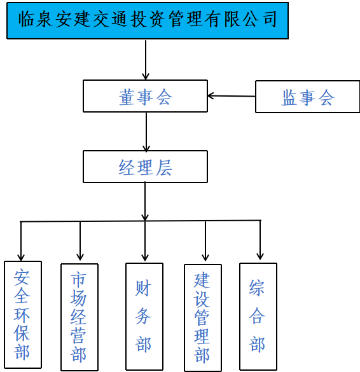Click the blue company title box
[148, 20]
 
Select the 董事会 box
[145, 96]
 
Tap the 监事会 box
[308, 97]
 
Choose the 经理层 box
[145, 167]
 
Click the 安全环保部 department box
[23, 315]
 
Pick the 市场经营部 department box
[80, 317]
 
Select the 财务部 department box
[144, 316]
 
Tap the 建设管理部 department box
[203, 318]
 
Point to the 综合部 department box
[258, 316]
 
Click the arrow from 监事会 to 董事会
[232, 96]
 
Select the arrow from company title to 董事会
[146, 60]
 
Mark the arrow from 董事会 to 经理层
[146, 132]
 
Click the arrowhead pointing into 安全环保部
[21, 258]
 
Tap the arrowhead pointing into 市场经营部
[80, 257]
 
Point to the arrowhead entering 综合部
[260, 256]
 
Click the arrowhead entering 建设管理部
[205, 258]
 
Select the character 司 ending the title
[270, 19]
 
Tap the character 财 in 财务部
[143, 288]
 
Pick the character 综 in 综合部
[257, 287]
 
